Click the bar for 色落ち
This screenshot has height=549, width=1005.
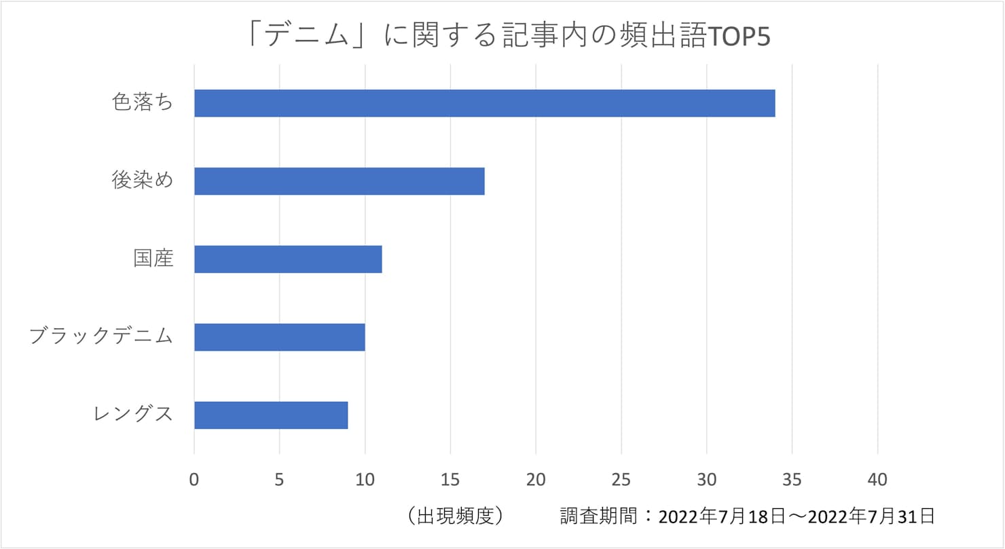484,103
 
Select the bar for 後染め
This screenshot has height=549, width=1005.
339,181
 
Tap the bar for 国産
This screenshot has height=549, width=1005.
288,259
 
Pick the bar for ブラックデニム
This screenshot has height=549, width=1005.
279,337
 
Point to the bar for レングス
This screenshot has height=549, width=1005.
271,415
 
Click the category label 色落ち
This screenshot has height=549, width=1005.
143,103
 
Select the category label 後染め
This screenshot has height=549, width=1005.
143,181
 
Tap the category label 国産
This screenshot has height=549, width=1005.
153,259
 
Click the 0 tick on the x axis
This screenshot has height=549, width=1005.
194,480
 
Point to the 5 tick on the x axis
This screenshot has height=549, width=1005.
280,480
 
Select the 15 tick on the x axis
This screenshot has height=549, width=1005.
450,480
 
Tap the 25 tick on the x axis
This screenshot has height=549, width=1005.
621,480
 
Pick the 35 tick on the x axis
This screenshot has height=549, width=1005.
792,480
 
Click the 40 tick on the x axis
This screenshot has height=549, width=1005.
877,480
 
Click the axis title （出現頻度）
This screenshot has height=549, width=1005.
455,516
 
